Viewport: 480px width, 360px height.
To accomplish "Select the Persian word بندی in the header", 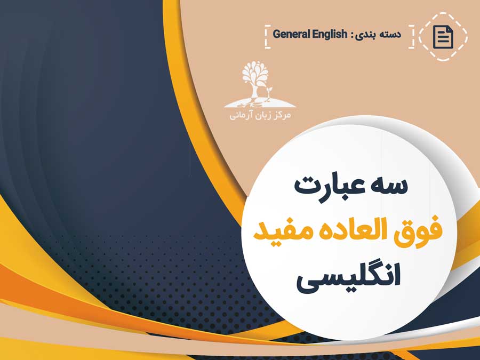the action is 365,34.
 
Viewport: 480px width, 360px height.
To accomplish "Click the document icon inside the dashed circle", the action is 443,37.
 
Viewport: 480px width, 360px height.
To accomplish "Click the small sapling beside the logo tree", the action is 269,93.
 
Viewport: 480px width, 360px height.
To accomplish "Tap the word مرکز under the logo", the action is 281,115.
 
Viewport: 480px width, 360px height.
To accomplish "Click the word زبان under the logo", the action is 260,115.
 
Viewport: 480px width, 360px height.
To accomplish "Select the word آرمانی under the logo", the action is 239,115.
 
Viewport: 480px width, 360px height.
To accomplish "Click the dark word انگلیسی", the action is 349,277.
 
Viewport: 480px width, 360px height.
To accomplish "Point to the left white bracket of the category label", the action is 268,37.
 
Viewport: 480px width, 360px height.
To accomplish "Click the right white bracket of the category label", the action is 411,37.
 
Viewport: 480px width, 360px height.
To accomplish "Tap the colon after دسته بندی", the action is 351,35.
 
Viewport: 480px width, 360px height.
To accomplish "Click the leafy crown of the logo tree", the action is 255,73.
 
